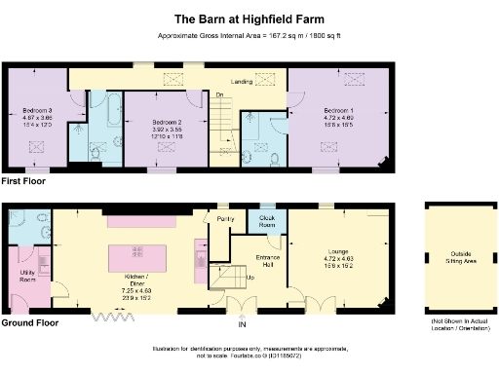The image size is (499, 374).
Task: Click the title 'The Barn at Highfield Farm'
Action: [x=249, y=18]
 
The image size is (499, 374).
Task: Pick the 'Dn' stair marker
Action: [x=220, y=93]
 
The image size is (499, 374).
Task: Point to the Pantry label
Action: [x=226, y=219]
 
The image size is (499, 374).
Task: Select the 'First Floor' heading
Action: [x=25, y=182]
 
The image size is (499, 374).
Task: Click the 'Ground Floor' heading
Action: [x=29, y=322]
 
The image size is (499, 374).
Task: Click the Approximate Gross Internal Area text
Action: [x=249, y=36]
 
